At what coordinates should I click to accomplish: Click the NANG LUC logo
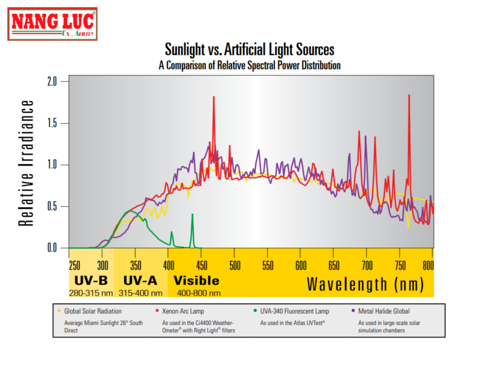pos(53,24)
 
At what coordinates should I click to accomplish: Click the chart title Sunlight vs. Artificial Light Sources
pos(249,50)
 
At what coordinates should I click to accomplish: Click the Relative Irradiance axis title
pos(27,163)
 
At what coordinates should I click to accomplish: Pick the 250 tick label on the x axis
pos(75,265)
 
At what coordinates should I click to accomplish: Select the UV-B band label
pos(91,281)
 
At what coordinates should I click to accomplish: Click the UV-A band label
pos(140,281)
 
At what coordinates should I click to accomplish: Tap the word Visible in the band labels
pos(196,281)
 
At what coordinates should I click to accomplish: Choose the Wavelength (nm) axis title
pos(365,284)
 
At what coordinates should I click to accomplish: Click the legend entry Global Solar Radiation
pos(93,311)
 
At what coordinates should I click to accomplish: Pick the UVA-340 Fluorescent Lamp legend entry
pos(294,311)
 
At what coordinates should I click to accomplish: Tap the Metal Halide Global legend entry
pos(384,311)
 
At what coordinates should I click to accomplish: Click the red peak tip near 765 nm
pos(409,95)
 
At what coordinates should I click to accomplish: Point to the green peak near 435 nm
pos(192,214)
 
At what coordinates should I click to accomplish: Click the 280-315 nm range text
pos(91,293)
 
